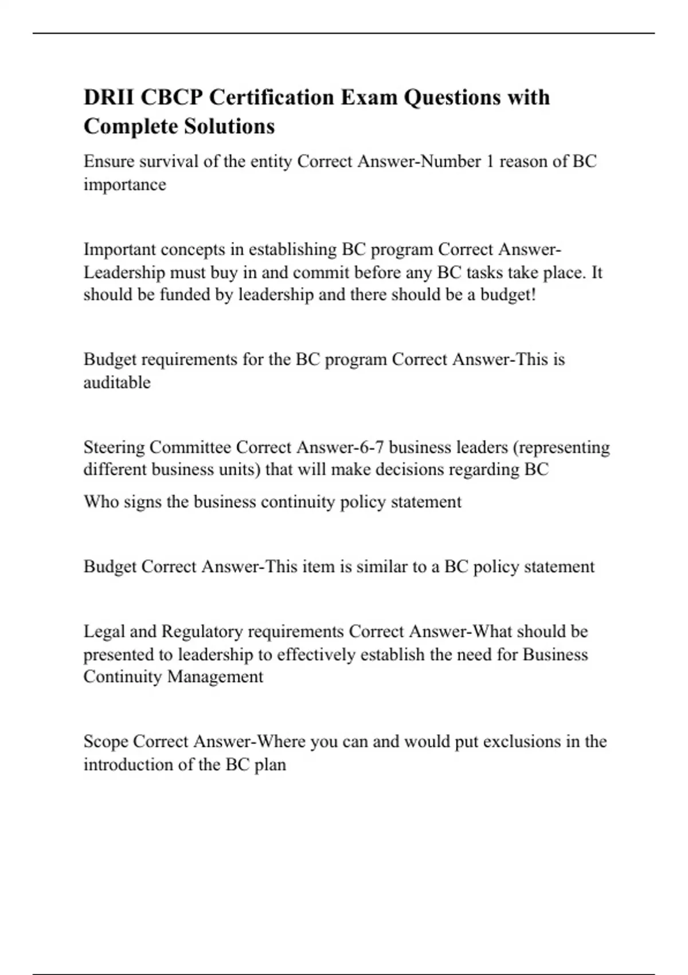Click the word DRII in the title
(109, 97)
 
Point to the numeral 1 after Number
(490, 162)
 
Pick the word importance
(124, 185)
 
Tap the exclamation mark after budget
(533, 295)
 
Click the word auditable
(117, 383)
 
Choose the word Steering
(114, 447)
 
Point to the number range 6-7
(370, 447)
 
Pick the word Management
(215, 677)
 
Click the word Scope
(105, 742)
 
